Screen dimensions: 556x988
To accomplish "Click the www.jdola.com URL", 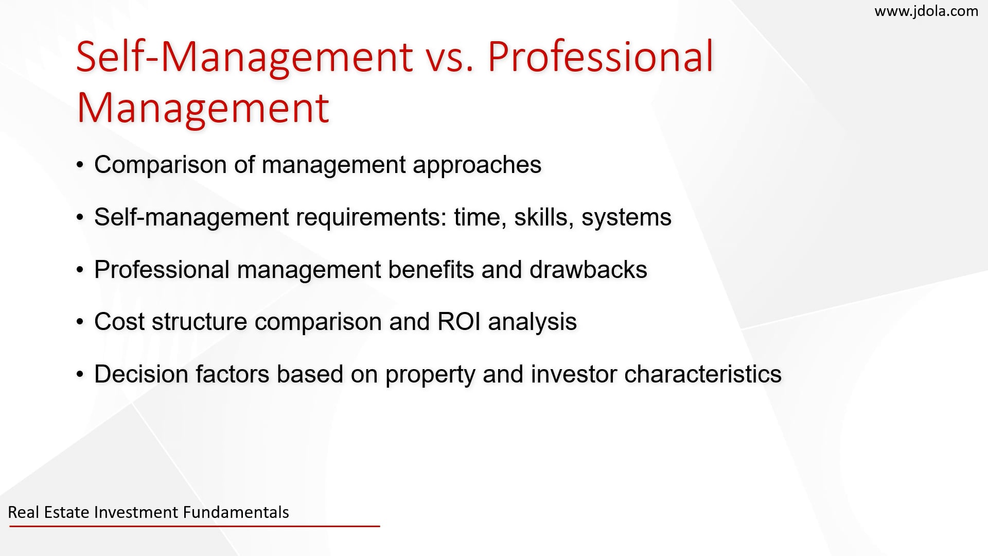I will point(926,11).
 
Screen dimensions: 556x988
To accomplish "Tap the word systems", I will point(626,218).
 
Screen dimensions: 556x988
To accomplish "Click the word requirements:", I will point(371,218).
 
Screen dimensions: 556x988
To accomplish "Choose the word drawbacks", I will point(588,269).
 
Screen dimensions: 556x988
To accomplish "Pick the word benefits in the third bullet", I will point(431,269).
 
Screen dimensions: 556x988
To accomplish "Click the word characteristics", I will point(702,374).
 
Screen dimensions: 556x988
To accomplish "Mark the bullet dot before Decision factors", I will point(79,375).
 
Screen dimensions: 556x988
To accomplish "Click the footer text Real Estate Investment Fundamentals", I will point(148,512).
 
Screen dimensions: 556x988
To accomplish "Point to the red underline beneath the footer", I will point(195,526).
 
